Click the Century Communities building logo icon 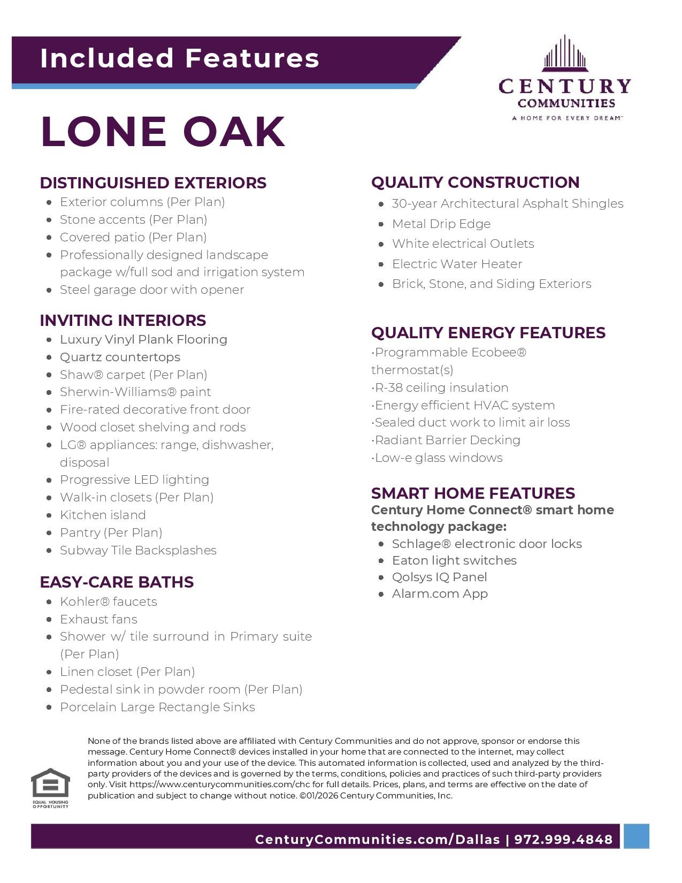[565, 54]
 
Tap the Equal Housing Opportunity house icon [50, 783]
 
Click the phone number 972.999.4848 [563, 839]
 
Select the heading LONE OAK [163, 131]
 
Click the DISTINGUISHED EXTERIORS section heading [153, 183]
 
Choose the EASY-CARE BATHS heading [117, 582]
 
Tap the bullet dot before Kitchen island [49, 515]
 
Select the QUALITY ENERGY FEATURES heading [488, 333]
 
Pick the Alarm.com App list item [440, 593]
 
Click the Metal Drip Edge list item [441, 224]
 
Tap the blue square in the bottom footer [636, 836]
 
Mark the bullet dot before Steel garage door [49, 290]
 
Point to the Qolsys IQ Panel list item [439, 577]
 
